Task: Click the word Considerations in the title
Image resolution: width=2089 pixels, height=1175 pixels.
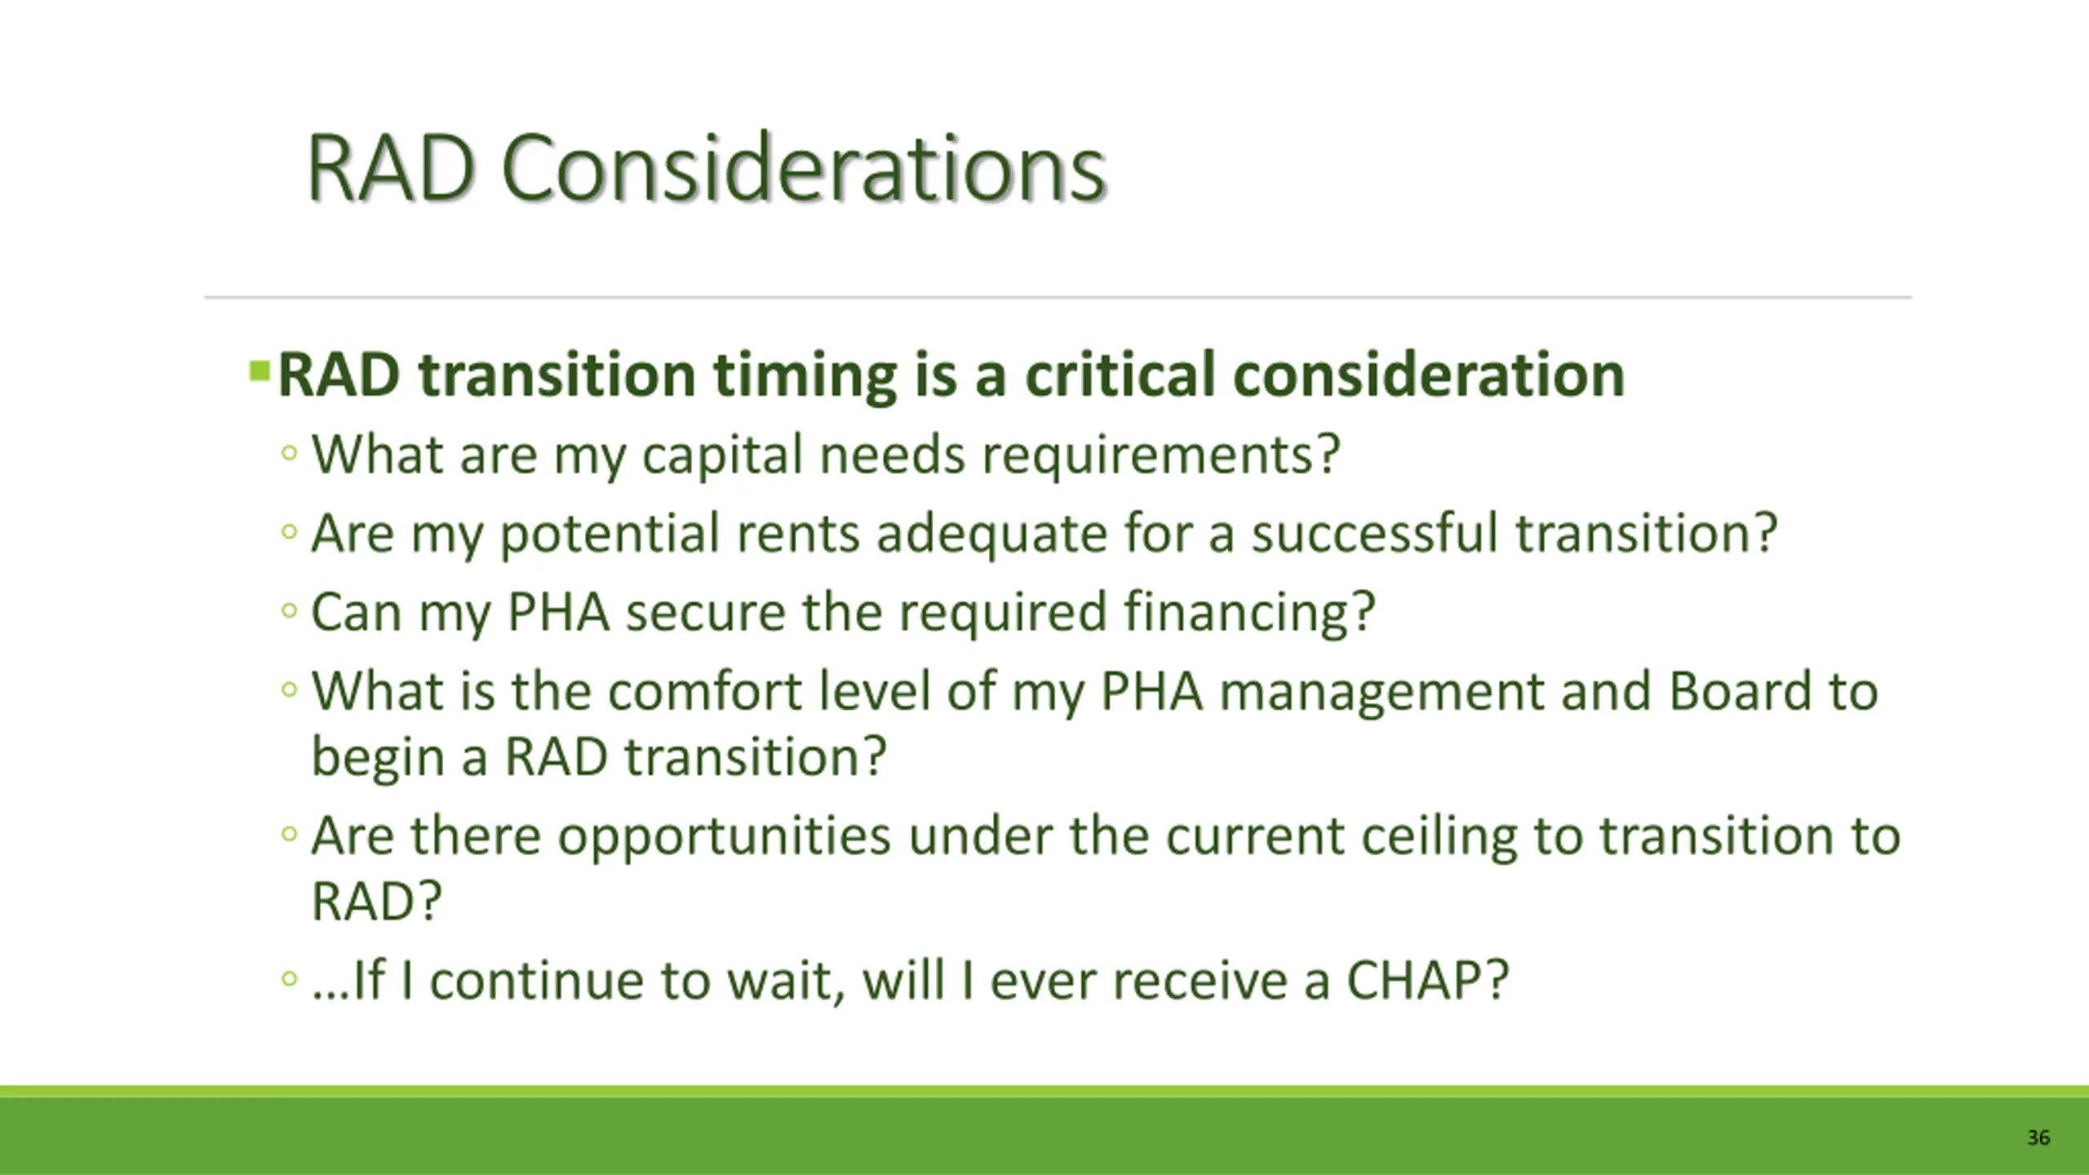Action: (x=804, y=168)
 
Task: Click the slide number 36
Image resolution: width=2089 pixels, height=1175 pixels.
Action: (x=2038, y=1137)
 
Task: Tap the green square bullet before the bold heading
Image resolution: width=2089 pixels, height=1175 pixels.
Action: (x=259, y=371)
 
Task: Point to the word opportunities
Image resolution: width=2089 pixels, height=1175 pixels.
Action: (x=724, y=838)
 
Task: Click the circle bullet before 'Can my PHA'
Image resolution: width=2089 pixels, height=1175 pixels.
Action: (x=289, y=610)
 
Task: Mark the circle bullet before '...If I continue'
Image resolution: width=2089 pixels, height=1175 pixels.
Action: (x=289, y=977)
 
